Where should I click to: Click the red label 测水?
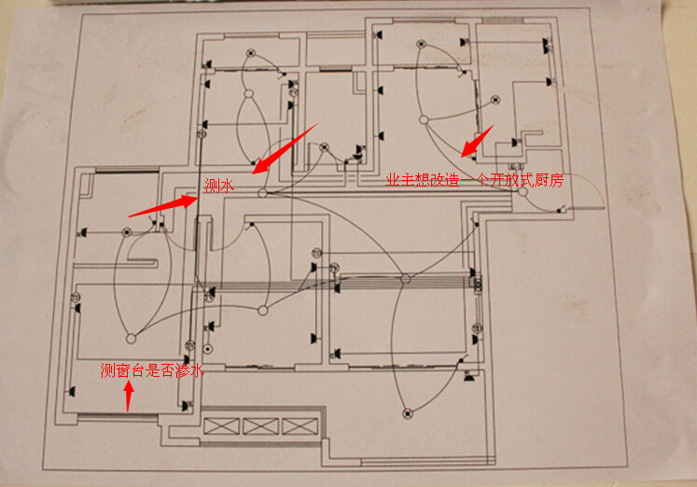219,186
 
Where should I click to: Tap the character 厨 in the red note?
540,180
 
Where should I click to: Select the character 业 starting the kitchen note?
393,180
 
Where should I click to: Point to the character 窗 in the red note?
122,369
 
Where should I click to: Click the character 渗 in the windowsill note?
182,369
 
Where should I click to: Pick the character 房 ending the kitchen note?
556,180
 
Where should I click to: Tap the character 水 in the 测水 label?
227,186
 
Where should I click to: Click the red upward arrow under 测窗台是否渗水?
129,397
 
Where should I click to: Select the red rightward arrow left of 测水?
162,206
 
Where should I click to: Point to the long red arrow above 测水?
285,148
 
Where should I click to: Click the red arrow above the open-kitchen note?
477,141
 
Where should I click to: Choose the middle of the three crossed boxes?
261,426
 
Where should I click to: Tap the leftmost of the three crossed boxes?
221,426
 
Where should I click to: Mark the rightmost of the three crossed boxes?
300,426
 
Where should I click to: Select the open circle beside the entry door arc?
523,192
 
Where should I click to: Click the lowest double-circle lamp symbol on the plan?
408,413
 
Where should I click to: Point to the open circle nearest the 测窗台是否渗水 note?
131,339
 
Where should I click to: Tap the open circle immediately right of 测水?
262,193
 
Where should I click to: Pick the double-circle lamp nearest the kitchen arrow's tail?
495,100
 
